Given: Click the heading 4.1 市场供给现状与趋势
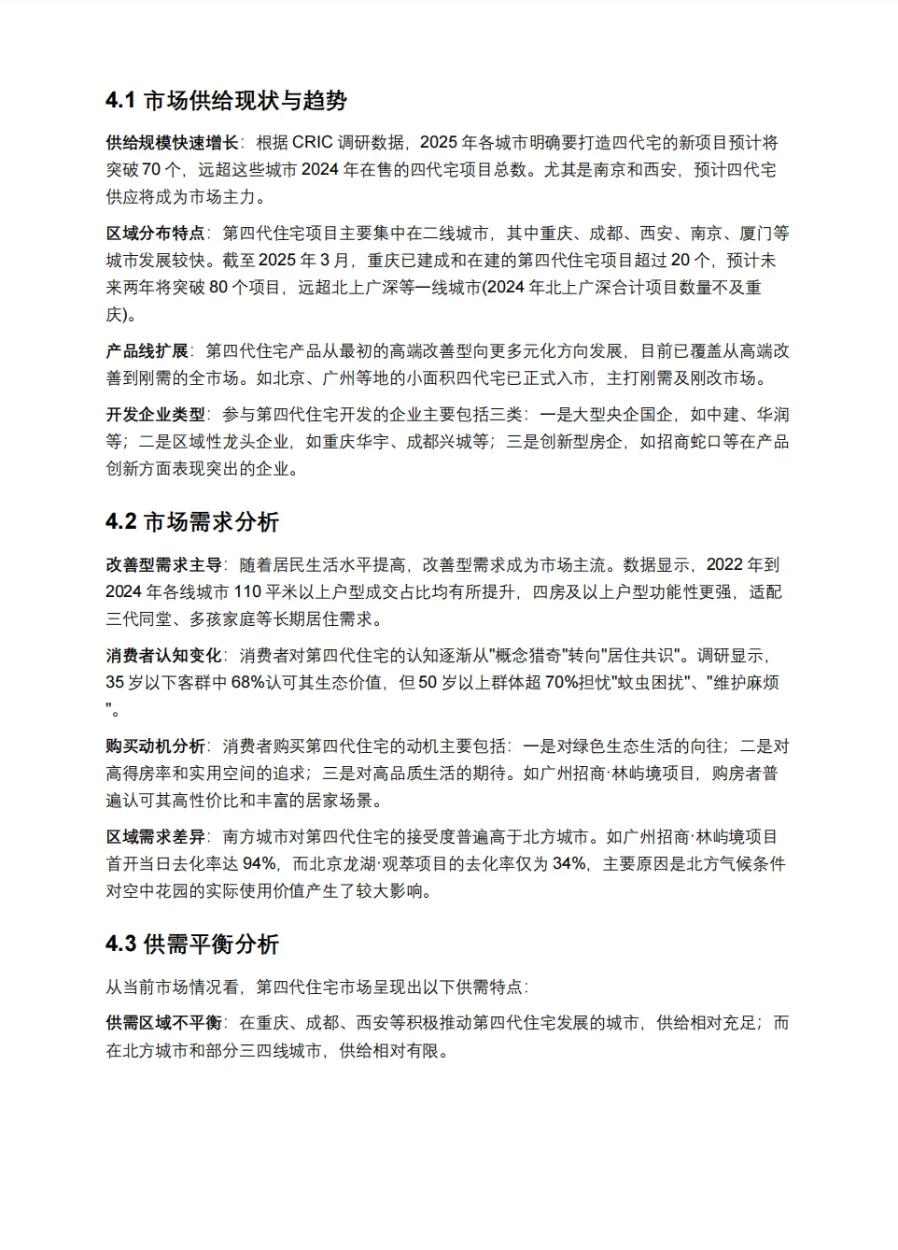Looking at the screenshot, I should (x=226, y=100).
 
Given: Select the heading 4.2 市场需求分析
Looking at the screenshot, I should (x=192, y=521).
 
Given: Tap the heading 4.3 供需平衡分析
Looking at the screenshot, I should (x=192, y=944).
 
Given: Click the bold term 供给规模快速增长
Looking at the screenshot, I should (x=173, y=142).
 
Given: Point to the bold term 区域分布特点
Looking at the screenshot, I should (x=155, y=233).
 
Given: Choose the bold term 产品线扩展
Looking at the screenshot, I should (x=147, y=350).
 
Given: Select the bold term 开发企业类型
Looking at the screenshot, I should (x=155, y=414).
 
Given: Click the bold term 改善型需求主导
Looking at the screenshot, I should (x=164, y=564).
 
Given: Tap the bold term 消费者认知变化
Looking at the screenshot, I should (x=164, y=655).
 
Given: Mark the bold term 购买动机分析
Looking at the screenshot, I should (x=155, y=746).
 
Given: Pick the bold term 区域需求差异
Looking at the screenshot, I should (x=155, y=836).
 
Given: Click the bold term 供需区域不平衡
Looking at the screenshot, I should (x=164, y=1022).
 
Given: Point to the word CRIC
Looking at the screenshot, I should (x=312, y=142).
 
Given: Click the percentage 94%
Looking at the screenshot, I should (x=260, y=863).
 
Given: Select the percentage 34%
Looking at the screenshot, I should (x=568, y=863).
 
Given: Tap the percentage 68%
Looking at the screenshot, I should (x=248, y=682).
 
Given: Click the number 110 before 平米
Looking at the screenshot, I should (x=247, y=591).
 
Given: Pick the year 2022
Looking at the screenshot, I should (x=725, y=564).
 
